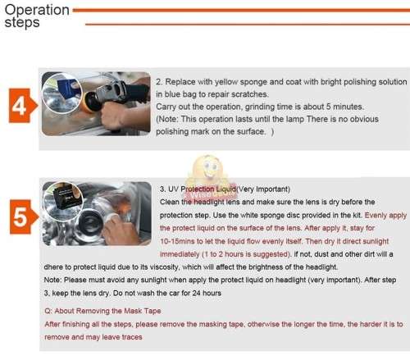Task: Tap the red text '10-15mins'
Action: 182,243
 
